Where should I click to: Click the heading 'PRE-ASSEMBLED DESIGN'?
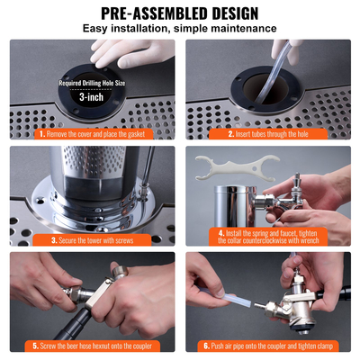coord(180,13)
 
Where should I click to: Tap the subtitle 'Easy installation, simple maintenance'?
coord(180,29)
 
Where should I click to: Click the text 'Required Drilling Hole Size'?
coord(92,83)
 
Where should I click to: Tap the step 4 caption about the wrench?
coord(271,237)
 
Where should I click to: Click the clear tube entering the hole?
coord(270,67)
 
